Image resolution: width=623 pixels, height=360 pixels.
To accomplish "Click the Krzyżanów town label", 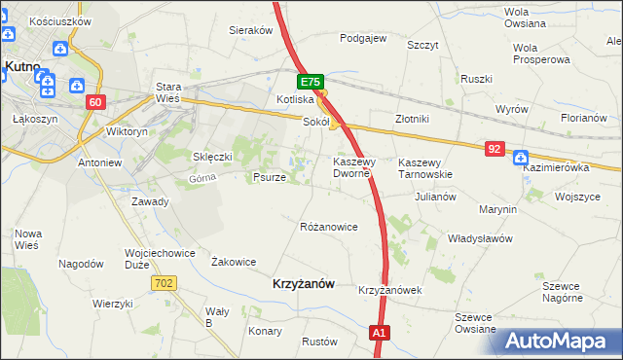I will coord(301,283).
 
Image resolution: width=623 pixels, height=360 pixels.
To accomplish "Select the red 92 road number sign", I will coord(495,149).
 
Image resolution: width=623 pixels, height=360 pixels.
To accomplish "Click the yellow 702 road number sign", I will coord(164,282).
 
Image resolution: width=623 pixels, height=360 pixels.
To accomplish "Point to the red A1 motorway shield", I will coord(380,334).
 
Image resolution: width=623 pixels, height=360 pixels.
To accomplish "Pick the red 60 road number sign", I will coord(94,102).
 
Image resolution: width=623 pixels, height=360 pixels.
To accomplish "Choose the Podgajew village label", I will coord(363,39).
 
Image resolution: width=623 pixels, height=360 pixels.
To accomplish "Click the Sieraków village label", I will coord(250,30).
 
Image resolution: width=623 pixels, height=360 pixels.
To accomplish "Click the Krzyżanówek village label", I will coord(388,290).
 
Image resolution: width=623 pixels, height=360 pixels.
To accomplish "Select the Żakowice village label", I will coord(234,261).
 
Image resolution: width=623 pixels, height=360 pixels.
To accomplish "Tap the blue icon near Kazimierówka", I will coord(520,157).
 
